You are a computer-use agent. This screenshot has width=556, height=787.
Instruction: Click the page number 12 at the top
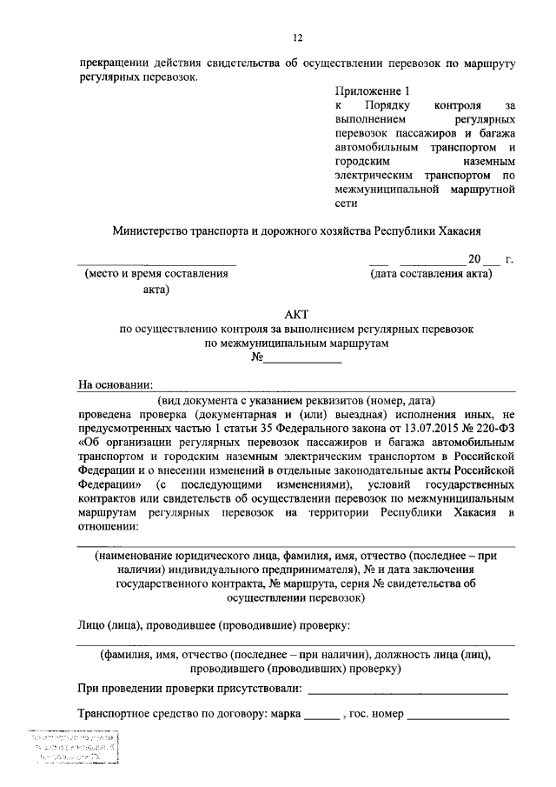tap(296, 37)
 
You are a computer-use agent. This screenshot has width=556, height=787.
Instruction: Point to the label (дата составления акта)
tap(430, 275)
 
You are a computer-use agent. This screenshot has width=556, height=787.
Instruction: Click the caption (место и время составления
tap(156, 275)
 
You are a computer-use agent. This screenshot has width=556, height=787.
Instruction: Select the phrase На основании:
tap(115, 386)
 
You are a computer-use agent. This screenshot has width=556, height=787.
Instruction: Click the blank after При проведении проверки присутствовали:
tap(407, 690)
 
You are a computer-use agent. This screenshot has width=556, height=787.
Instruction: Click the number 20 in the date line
tap(473, 259)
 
